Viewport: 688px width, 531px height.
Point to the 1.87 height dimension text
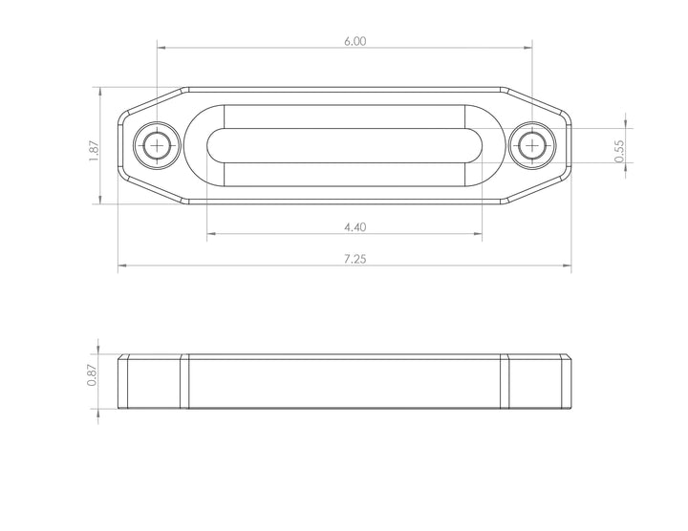coord(94,151)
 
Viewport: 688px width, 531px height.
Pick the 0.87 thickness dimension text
coord(93,376)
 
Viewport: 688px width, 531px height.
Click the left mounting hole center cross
coord(156,145)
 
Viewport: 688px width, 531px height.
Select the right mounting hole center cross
coord(531,145)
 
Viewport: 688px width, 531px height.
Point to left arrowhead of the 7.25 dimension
coord(121,266)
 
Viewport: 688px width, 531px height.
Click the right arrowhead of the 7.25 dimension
coord(568,266)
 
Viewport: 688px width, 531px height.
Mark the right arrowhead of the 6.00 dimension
coord(527,46)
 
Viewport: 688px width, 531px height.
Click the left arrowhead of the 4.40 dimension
coord(210,234)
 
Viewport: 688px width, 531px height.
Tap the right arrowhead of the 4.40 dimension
coord(479,234)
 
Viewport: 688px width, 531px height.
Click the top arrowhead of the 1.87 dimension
coord(99,90)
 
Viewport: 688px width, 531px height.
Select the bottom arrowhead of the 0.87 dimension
coord(99,406)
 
